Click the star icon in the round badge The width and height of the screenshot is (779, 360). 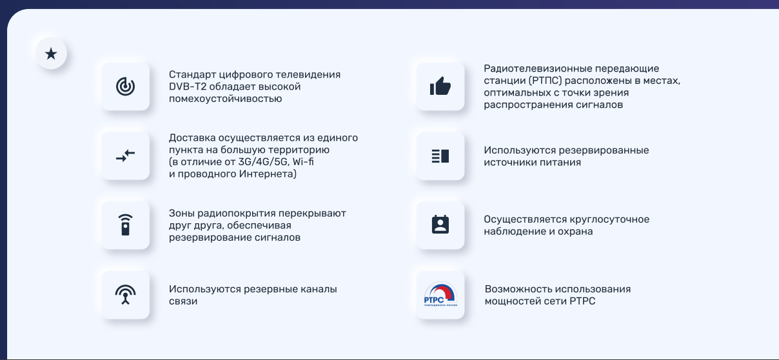click(x=51, y=54)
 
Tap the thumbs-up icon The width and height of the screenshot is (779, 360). click(x=440, y=86)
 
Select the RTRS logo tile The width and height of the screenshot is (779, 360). click(x=440, y=295)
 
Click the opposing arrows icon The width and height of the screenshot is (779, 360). click(x=125, y=156)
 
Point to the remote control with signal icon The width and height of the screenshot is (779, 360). click(x=125, y=225)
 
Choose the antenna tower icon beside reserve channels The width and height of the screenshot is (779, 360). click(x=125, y=295)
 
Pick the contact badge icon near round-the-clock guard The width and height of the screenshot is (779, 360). click(x=440, y=225)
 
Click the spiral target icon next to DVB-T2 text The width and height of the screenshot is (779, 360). click(x=125, y=86)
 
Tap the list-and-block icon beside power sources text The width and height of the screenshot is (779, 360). click(x=440, y=156)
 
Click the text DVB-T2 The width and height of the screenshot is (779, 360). click(x=188, y=86)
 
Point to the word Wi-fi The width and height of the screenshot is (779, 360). click(x=303, y=162)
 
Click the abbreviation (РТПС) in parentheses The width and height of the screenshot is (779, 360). click(x=545, y=81)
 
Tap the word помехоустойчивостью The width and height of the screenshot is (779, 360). click(x=225, y=99)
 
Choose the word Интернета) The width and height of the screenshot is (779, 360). click(x=268, y=174)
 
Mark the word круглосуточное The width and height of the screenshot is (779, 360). click(x=609, y=219)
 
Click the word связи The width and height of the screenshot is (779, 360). click(x=183, y=301)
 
